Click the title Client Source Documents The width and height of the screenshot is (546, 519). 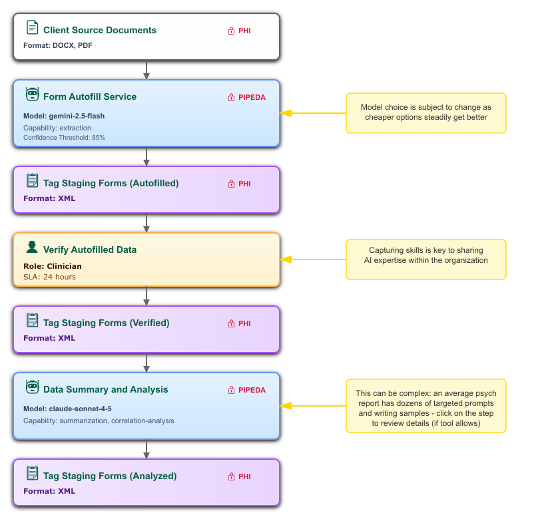pyautogui.click(x=100, y=30)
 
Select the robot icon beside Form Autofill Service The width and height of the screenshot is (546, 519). pyautogui.click(x=32, y=95)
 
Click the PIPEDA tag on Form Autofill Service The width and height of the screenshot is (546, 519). pyautogui.click(x=247, y=97)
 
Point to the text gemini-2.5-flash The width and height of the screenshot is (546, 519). pyautogui.click(x=77, y=116)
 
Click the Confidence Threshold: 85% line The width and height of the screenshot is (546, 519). pyautogui.click(x=64, y=138)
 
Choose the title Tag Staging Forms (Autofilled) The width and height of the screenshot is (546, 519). pyautogui.click(x=111, y=183)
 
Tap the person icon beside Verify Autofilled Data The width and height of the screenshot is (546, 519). pyautogui.click(x=32, y=248)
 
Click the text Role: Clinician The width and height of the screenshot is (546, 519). pyautogui.click(x=53, y=266)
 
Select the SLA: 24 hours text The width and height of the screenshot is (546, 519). pyautogui.click(x=49, y=277)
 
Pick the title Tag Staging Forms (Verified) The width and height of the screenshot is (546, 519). pyautogui.click(x=106, y=323)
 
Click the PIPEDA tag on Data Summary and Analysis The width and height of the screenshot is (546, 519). pyautogui.click(x=247, y=390)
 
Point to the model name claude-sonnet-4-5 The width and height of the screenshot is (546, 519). pyautogui.click(x=85, y=409)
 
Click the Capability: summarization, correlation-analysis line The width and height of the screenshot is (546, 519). pyautogui.click(x=99, y=421)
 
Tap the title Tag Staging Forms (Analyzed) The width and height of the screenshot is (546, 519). pyautogui.click(x=110, y=476)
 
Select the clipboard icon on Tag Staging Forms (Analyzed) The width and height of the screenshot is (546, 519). pyautogui.click(x=32, y=474)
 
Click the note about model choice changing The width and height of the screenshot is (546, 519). pyautogui.click(x=425, y=112)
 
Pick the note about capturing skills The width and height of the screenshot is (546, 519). pyautogui.click(x=425, y=256)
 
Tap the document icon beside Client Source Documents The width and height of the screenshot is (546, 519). pyautogui.click(x=32, y=28)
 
